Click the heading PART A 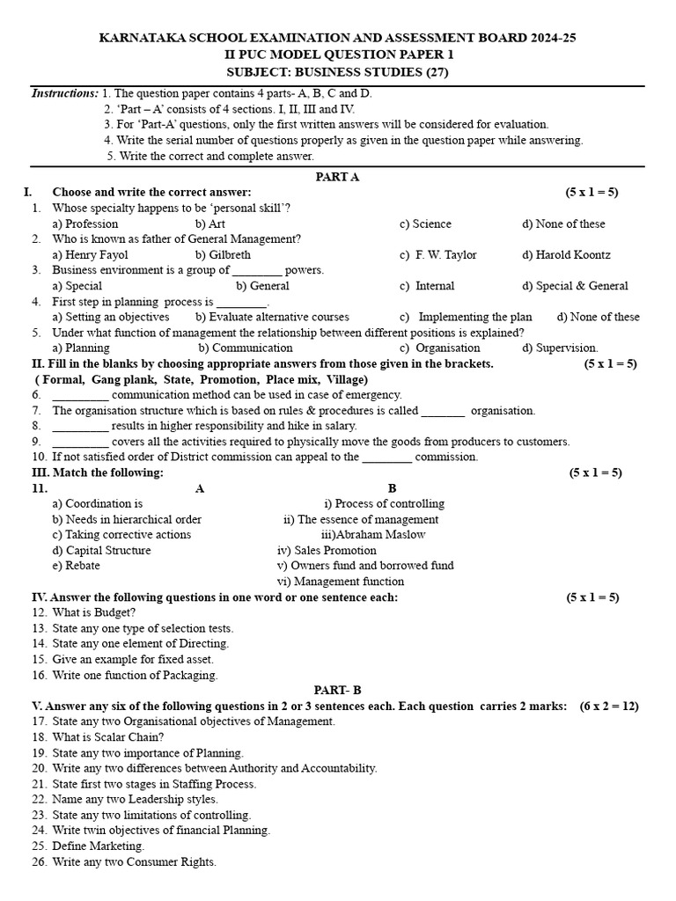pyautogui.click(x=337, y=177)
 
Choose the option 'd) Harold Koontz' pyautogui.click(x=566, y=255)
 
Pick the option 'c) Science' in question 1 pyautogui.click(x=425, y=224)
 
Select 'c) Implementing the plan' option pyautogui.click(x=466, y=317)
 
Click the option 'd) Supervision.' pyautogui.click(x=560, y=348)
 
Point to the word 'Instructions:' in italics pyautogui.click(x=65, y=93)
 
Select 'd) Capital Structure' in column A pyautogui.click(x=101, y=551)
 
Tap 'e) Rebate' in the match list pyautogui.click(x=76, y=566)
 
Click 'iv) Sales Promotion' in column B pyautogui.click(x=327, y=551)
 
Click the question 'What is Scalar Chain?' pyautogui.click(x=107, y=737)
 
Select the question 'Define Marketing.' pyautogui.click(x=98, y=846)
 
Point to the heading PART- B pyautogui.click(x=337, y=691)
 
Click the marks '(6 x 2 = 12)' pyautogui.click(x=609, y=707)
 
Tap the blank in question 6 pyautogui.click(x=80, y=396)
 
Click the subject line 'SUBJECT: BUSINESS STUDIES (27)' pyautogui.click(x=337, y=72)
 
